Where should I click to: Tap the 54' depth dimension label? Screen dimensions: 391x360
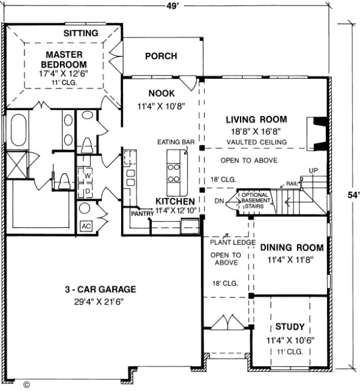click(351, 195)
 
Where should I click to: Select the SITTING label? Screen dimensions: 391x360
click(81, 33)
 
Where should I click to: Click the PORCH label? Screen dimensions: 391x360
click(161, 56)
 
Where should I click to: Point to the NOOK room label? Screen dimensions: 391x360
click(161, 93)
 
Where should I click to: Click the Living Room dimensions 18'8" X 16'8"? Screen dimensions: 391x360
click(256, 131)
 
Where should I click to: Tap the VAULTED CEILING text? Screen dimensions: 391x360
click(256, 143)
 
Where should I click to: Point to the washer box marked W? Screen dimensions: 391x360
click(86, 175)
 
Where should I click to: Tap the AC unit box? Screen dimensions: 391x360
click(85, 226)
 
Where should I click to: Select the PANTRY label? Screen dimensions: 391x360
click(142, 214)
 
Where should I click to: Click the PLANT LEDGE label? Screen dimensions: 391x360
click(232, 242)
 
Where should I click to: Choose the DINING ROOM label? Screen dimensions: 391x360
click(288, 248)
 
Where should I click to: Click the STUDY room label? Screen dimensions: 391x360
click(289, 327)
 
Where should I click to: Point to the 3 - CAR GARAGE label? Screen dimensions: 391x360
click(101, 289)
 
